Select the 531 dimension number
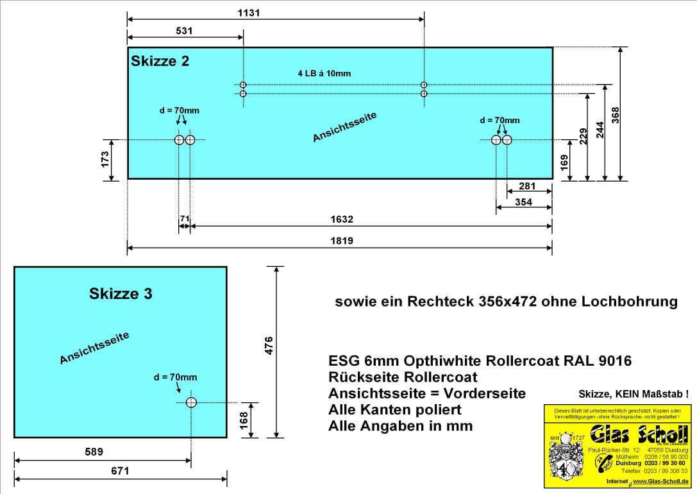click(183, 31)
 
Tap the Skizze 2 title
click(160, 62)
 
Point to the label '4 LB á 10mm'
click(324, 73)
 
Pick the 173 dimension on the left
click(105, 160)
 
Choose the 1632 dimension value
click(342, 219)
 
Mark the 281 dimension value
click(526, 187)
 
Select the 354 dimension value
click(523, 203)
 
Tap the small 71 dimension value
click(184, 219)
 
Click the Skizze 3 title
click(121, 294)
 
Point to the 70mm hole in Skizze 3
click(191, 402)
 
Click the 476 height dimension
click(269, 346)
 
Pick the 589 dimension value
click(94, 452)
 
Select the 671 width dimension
click(120, 471)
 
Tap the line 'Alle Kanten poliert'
click(395, 409)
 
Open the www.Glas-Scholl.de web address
click(660, 481)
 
